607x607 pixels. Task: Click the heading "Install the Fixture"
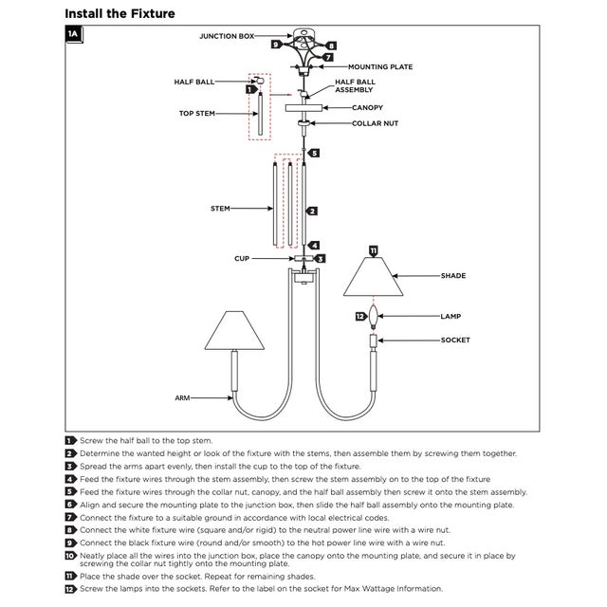(120, 13)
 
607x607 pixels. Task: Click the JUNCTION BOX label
(227, 36)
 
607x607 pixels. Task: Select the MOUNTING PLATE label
(380, 67)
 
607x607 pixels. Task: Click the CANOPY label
(367, 108)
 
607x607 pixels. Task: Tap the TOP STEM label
(197, 114)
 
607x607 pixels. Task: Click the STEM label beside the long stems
(220, 207)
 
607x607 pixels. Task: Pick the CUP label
(242, 258)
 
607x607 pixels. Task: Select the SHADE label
(453, 276)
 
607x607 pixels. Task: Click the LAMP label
(451, 316)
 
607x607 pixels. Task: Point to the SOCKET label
(455, 340)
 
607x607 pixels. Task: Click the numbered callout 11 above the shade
(373, 250)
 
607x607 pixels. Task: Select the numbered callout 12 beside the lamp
(360, 316)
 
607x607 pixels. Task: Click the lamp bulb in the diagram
(374, 317)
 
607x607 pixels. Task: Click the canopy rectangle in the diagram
(303, 108)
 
